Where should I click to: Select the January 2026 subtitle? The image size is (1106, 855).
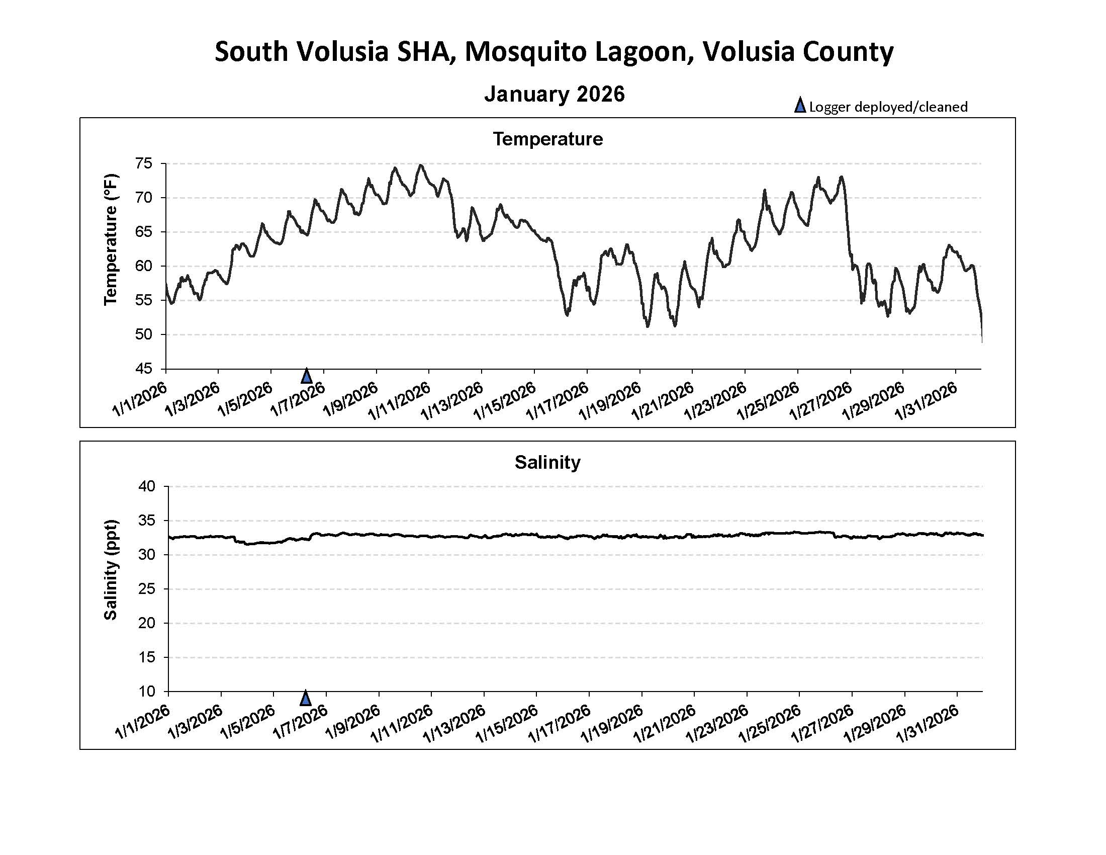coord(554,94)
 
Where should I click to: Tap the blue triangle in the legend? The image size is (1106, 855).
coord(800,106)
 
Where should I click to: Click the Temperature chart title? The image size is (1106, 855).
coord(547,139)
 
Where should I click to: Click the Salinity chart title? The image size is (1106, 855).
coord(547,462)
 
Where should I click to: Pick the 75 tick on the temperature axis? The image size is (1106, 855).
coord(143,163)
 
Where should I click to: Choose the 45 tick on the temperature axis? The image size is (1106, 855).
coord(143,369)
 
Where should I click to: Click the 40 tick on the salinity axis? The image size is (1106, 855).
coord(146,486)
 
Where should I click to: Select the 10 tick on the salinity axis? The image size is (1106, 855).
coord(146,692)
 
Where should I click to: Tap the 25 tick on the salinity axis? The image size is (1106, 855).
coord(146,589)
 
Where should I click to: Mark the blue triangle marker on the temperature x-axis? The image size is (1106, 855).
coord(306,376)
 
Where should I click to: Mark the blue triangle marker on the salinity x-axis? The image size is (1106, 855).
coord(305,699)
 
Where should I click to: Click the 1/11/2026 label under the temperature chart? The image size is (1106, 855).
coord(400,402)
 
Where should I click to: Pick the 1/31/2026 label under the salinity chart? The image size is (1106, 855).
coord(928,725)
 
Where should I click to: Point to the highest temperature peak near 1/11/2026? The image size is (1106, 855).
coord(420,165)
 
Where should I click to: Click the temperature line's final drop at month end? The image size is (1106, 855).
coord(981,329)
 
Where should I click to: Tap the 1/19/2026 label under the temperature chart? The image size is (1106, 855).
coord(610,402)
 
